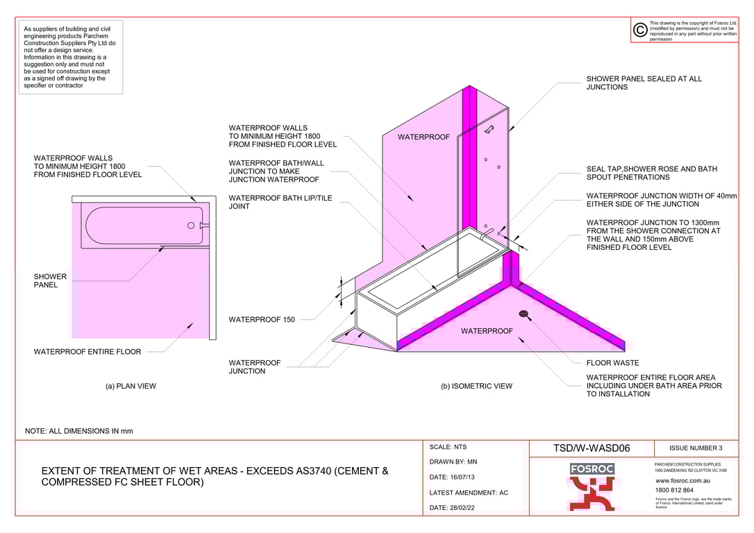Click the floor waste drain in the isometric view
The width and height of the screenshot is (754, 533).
(x=522, y=313)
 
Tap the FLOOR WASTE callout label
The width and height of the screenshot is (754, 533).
(x=612, y=363)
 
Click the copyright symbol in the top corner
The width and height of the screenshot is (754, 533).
(x=640, y=30)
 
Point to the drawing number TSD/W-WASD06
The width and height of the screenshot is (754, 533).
(x=592, y=448)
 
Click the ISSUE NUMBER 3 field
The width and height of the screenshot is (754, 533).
(x=696, y=448)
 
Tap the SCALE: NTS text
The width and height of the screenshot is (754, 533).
(x=451, y=448)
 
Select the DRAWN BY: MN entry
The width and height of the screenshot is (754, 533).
(x=453, y=462)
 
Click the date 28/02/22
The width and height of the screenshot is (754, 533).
(x=453, y=508)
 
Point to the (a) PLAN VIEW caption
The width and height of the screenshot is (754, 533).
(x=131, y=386)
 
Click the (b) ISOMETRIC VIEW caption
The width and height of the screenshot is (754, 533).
(x=476, y=386)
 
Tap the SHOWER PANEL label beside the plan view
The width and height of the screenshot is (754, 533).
(x=50, y=281)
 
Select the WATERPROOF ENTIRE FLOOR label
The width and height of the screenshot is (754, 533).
(x=87, y=352)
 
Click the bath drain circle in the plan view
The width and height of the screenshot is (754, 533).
(x=191, y=225)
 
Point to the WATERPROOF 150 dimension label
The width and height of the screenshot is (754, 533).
(x=262, y=320)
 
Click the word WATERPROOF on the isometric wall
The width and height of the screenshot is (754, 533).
(x=424, y=137)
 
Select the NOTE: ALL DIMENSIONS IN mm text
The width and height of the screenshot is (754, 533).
(x=78, y=431)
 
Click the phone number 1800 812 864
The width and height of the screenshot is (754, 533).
(x=674, y=490)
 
